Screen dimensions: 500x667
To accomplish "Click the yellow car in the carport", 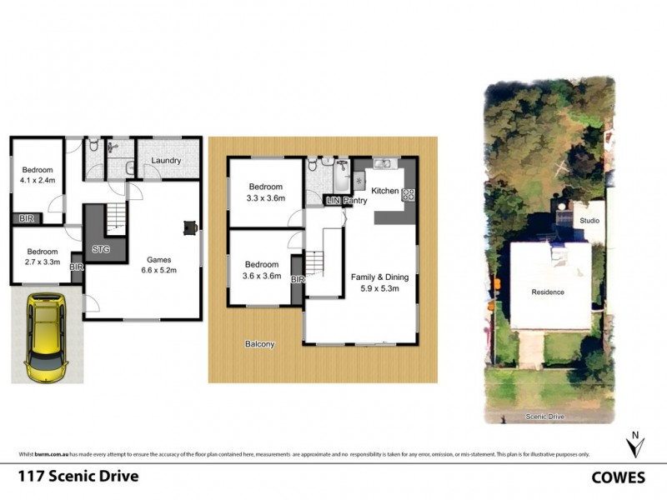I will (46, 335).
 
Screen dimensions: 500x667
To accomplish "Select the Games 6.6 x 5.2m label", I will (158, 264).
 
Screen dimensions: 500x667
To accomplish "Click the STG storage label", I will (101, 248).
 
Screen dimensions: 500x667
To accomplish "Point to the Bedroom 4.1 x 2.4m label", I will (38, 172).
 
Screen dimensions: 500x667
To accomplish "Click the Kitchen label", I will (384, 191).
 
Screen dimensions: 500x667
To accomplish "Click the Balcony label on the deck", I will (259, 343).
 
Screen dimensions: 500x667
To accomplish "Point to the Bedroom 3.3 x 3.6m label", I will (266, 192).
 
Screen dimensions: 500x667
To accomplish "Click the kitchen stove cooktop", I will (409, 195).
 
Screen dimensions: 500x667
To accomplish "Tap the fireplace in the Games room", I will (191, 226).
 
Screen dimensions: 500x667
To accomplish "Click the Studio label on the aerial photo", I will (589, 220).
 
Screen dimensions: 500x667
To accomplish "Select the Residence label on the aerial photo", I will (548, 292).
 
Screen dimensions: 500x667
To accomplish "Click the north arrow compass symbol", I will (635, 444).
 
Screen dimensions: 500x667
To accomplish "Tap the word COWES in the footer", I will (619, 477).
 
